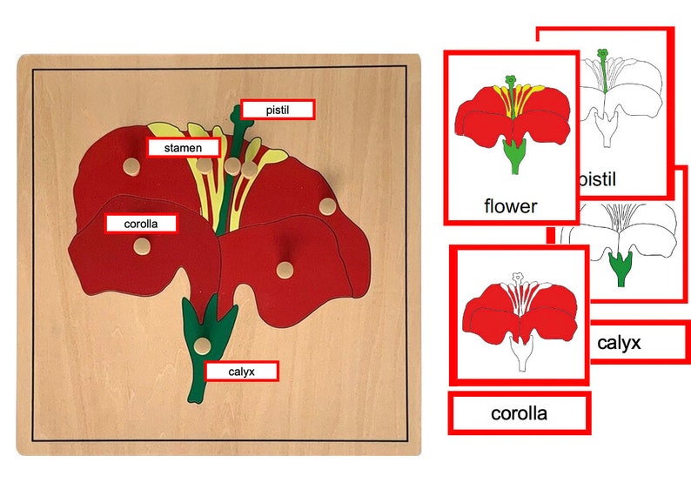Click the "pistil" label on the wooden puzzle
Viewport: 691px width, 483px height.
(x=278, y=110)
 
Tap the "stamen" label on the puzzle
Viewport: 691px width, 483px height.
(x=183, y=148)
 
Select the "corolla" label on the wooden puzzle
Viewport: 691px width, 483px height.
(x=141, y=224)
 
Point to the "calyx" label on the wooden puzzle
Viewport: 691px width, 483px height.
(x=241, y=372)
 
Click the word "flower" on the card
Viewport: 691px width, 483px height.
(x=511, y=205)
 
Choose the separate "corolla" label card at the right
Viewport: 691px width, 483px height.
(x=520, y=413)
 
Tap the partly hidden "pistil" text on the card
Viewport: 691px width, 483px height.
(x=597, y=179)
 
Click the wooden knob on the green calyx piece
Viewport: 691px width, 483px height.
(x=202, y=346)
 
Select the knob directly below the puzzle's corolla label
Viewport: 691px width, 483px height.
(x=142, y=246)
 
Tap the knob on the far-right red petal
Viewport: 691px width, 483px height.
(x=327, y=206)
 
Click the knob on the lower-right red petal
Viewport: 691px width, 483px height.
(x=285, y=270)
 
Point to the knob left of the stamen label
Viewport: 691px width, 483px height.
(x=131, y=166)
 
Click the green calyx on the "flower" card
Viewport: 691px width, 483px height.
(x=514, y=158)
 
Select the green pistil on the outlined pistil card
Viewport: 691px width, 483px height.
(x=603, y=70)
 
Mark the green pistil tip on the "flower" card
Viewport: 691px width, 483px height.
(x=510, y=80)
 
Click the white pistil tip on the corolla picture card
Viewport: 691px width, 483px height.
(x=517, y=278)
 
